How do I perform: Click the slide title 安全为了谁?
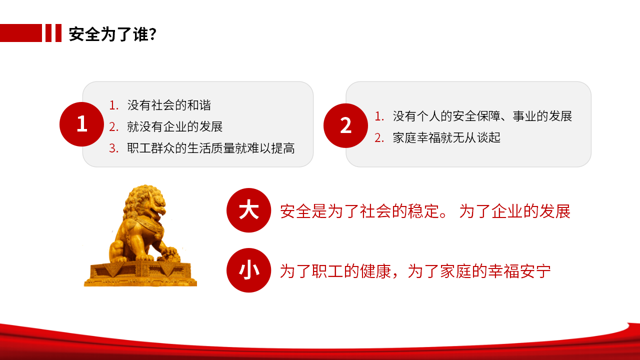(x=112, y=34)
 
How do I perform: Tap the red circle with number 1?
(x=81, y=124)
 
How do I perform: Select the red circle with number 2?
(x=345, y=125)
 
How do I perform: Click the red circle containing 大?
(x=248, y=210)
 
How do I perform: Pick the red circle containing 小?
(x=248, y=270)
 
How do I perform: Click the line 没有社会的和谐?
(x=169, y=105)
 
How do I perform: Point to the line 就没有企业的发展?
(x=175, y=126)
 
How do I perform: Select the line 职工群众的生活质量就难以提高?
(x=211, y=148)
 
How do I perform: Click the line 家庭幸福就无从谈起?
(x=446, y=137)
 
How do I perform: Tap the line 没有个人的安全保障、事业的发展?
(x=482, y=116)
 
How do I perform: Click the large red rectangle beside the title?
(x=21, y=33)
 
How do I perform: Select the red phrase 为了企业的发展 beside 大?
(x=515, y=211)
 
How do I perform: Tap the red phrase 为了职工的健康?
(x=335, y=271)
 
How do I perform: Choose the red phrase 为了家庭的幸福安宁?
(x=479, y=271)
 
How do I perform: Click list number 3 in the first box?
(x=113, y=148)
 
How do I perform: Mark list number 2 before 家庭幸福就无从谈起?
(x=379, y=138)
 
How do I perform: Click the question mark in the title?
(x=153, y=34)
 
